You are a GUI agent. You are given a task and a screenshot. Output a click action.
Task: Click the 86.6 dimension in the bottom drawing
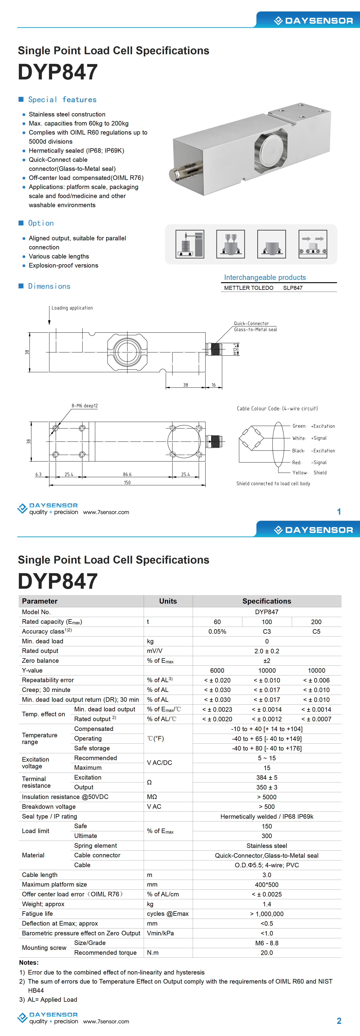[x=127, y=475]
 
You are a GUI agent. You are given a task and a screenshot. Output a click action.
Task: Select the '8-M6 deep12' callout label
[x=85, y=406]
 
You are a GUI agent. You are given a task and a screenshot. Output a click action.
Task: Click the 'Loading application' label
[x=72, y=308]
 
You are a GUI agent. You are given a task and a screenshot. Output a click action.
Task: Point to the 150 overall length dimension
[x=127, y=483]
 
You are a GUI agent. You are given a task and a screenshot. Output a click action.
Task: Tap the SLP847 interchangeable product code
[x=292, y=288]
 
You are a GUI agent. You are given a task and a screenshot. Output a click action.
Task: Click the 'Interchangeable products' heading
[x=265, y=277]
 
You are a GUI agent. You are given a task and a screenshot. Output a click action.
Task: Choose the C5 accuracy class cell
[x=316, y=631]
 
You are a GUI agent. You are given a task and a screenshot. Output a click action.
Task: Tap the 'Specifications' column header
[x=267, y=601]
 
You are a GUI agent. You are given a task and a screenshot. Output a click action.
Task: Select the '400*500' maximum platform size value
[x=267, y=885]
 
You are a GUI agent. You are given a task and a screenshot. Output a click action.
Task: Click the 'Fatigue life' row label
[x=37, y=914]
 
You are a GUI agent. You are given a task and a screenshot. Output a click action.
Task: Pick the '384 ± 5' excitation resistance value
[x=267, y=777]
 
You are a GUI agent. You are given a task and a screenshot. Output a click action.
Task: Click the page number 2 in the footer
[x=339, y=1021]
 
